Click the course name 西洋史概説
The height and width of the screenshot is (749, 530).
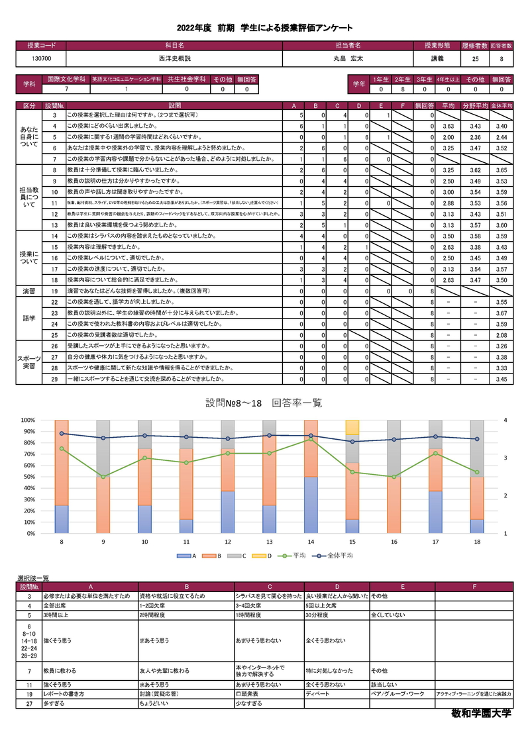(x=174, y=58)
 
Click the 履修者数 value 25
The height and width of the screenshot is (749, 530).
(x=476, y=58)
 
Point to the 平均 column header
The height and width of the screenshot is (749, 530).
(x=448, y=105)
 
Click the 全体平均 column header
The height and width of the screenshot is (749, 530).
(x=502, y=105)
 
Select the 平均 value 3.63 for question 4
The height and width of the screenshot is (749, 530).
(x=448, y=126)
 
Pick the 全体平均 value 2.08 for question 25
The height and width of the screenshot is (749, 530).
(x=502, y=336)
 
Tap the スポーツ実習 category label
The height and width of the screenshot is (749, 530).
(x=30, y=362)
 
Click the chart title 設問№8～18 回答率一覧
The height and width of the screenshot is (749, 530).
(x=264, y=403)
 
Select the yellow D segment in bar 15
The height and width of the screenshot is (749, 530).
(x=352, y=427)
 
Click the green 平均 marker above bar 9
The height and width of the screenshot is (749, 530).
(x=102, y=477)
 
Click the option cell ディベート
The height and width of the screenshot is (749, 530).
(x=317, y=693)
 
